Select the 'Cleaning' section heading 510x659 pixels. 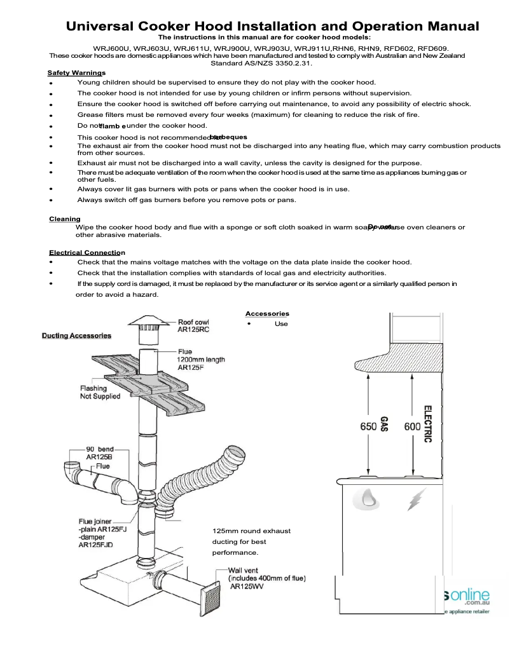pyautogui.click(x=64, y=219)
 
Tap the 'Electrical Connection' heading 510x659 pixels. pyautogui.click(x=86, y=253)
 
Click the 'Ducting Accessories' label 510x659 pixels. pyautogui.click(x=76, y=336)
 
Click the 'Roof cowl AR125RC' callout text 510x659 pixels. pyautogui.click(x=193, y=327)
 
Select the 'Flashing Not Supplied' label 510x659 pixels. pyautogui.click(x=100, y=392)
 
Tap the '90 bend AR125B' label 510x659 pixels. pyautogui.click(x=100, y=454)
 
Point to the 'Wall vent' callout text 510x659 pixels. pyautogui.click(x=266, y=578)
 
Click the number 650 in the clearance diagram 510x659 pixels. pyautogui.click(x=368, y=427)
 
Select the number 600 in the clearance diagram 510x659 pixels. pyautogui.click(x=412, y=427)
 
